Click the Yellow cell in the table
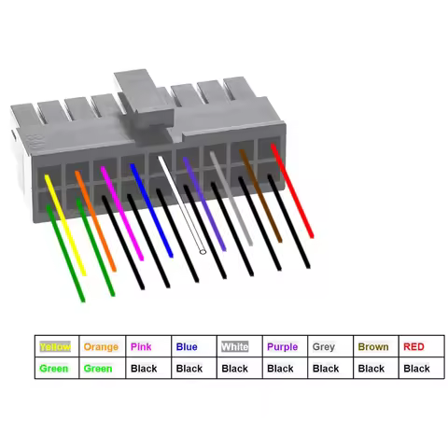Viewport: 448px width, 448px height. coord(57,347)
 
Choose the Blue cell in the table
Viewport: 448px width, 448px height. coord(193,347)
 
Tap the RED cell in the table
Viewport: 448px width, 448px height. coord(417,347)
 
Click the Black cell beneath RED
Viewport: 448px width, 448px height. coord(417,369)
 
